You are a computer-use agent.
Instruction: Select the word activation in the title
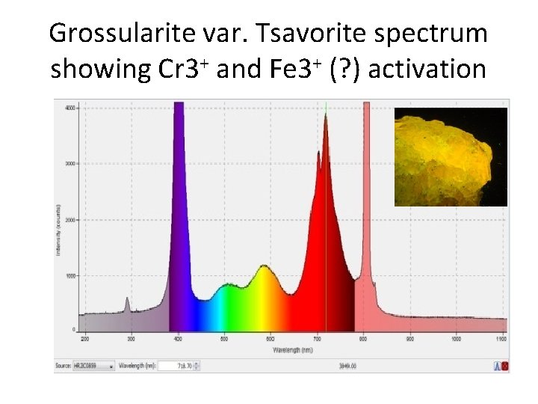pos(427,70)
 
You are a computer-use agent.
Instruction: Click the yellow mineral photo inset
pos(451,156)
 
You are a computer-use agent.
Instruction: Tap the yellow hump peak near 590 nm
pos(263,267)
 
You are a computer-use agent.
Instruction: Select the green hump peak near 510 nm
pos(227,285)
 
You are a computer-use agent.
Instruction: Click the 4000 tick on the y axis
pos(68,108)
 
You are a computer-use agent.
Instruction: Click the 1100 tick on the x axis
pos(501,339)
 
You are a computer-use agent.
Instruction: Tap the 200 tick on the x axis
pos(84,339)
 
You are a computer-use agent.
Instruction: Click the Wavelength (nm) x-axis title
pos(292,349)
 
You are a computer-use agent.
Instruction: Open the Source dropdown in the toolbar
pos(94,367)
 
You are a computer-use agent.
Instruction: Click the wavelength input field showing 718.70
pos(182,367)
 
